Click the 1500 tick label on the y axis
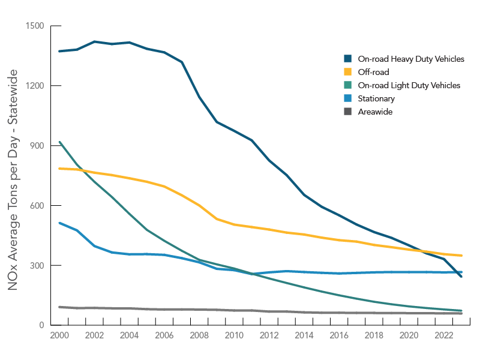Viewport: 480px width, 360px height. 36,26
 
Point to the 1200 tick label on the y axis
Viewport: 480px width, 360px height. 36,86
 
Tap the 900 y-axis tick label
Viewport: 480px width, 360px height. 38,146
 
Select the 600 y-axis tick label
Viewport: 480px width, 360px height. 38,205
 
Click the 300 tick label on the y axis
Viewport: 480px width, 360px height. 38,265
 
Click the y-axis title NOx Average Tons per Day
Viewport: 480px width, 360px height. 13,180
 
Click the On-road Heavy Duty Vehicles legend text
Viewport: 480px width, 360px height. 411,59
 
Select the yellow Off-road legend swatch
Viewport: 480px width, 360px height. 347,72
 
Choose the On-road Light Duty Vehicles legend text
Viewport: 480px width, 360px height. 409,85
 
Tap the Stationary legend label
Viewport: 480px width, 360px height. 376,98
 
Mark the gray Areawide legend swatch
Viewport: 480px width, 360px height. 347,112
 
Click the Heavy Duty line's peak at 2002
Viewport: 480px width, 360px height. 95,41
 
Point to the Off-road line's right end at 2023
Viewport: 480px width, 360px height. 461,256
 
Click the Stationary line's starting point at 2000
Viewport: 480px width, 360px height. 60,223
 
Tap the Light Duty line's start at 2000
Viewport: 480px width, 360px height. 60,142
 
